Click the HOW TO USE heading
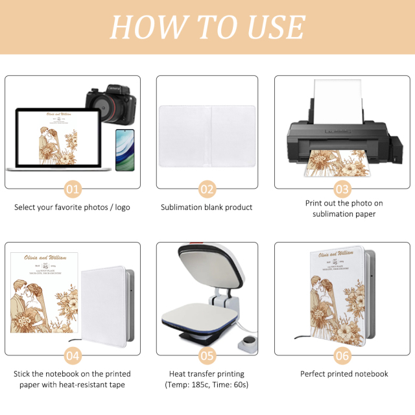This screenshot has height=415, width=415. pyautogui.click(x=207, y=27)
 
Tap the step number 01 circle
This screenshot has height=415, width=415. pyautogui.click(x=73, y=189)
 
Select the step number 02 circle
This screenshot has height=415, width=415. pyautogui.click(x=207, y=189)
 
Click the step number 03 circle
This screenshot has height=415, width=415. pyautogui.click(x=342, y=189)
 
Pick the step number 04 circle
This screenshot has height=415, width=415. pyautogui.click(x=73, y=355)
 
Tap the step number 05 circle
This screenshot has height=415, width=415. pyautogui.click(x=207, y=355)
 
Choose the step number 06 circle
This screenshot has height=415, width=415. pyautogui.click(x=342, y=355)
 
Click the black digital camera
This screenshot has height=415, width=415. pyautogui.click(x=111, y=102)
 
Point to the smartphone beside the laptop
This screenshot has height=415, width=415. pyautogui.click(x=124, y=149)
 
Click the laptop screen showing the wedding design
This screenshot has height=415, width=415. pyautogui.click(x=57, y=137)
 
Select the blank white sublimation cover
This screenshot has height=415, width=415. pyautogui.click(x=207, y=132)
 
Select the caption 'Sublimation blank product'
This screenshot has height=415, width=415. pyautogui.click(x=207, y=207)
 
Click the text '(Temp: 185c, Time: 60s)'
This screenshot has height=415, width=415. pyautogui.click(x=207, y=385)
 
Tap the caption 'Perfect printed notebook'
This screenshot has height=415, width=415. pyautogui.click(x=344, y=374)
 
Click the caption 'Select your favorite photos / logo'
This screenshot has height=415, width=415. pyautogui.click(x=73, y=207)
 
